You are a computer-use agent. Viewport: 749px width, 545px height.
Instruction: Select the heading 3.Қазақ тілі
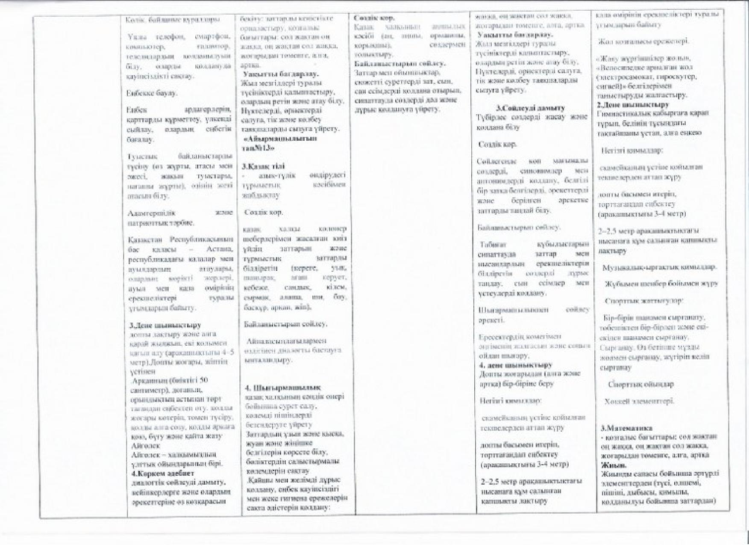tap(263, 166)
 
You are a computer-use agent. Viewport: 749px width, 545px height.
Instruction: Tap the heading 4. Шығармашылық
tap(282, 388)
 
